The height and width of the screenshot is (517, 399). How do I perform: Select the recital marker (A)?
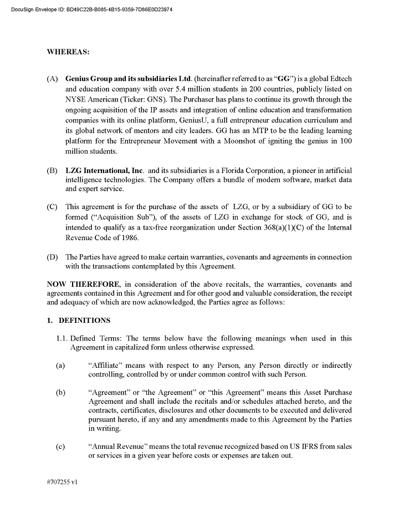point(53,79)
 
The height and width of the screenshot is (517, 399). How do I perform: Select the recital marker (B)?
point(53,170)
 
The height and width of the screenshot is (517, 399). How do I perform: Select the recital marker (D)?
point(53,257)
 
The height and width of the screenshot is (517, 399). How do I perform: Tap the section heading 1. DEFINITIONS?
point(79,321)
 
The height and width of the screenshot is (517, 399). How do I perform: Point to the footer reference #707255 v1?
point(63,482)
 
